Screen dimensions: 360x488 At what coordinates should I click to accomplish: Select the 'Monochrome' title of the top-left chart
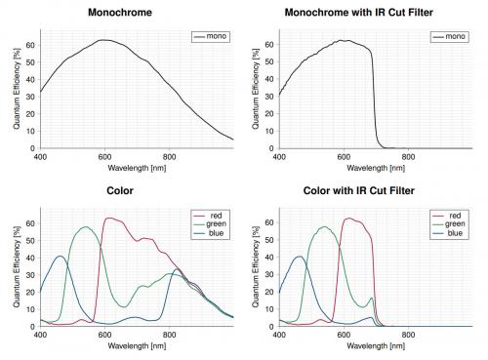(x=126, y=13)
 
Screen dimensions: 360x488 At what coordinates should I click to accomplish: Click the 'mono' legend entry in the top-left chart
(x=212, y=36)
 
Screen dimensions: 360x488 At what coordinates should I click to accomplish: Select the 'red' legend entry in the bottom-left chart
(x=216, y=215)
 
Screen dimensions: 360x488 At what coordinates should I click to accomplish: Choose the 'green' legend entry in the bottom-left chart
(x=219, y=224)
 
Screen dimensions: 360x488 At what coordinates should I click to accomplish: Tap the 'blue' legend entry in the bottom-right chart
(x=457, y=234)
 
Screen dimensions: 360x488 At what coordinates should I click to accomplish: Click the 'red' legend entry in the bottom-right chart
(x=456, y=215)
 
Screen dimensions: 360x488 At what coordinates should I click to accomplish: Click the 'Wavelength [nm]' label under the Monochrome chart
(x=135, y=167)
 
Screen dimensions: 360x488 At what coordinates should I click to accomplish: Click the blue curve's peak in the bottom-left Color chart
(x=61, y=257)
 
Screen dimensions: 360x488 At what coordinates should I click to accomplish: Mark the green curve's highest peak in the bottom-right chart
(x=324, y=227)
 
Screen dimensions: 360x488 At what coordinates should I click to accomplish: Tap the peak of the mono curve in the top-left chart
(x=102, y=40)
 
